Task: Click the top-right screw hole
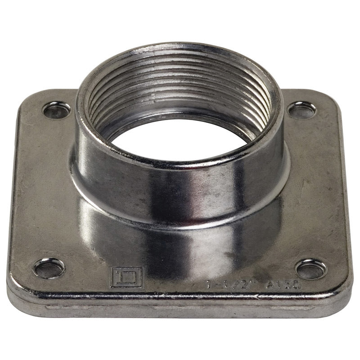click(x=301, y=109)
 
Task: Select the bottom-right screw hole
click(x=311, y=269)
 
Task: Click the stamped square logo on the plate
click(x=120, y=277)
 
